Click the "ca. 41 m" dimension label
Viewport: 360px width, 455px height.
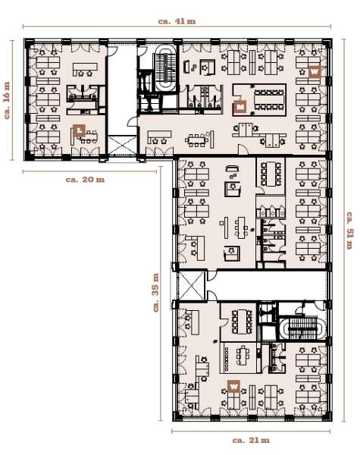(x=177, y=21)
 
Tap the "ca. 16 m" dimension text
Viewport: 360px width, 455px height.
(x=7, y=100)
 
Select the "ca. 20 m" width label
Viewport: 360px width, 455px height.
(x=85, y=179)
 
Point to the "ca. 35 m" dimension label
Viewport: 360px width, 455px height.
(x=156, y=293)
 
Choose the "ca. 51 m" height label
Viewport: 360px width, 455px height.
(x=349, y=231)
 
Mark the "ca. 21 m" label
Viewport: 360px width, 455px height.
(x=251, y=440)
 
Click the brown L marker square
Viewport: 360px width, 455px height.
(x=79, y=130)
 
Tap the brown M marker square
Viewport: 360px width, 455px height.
(x=240, y=107)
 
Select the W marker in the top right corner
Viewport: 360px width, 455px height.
(x=315, y=72)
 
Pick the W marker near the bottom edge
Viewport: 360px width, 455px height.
(x=234, y=386)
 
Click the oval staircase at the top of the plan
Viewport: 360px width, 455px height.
(x=166, y=68)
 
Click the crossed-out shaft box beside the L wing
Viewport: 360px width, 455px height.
(x=122, y=146)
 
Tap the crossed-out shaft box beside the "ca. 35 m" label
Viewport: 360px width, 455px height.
(x=192, y=286)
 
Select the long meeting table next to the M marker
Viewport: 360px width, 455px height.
(x=269, y=99)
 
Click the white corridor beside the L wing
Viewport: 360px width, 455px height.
(x=122, y=90)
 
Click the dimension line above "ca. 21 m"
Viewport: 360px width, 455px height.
(x=251, y=431)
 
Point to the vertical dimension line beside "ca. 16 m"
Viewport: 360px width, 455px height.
(x=12, y=100)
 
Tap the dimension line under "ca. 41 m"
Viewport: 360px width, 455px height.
(x=177, y=27)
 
